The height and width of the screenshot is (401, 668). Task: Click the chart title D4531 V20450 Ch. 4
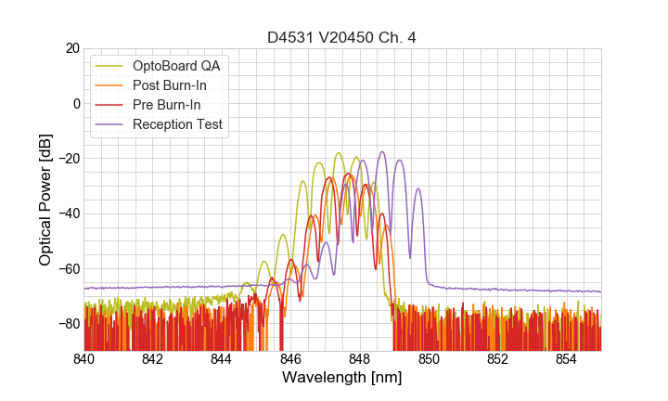(342, 37)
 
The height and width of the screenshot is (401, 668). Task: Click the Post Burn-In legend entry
(169, 85)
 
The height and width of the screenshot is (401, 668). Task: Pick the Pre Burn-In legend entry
(166, 105)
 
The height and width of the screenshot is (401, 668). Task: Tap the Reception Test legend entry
(177, 124)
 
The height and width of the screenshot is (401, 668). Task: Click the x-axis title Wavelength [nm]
(342, 379)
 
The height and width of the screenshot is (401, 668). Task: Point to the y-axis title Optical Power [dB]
(45, 199)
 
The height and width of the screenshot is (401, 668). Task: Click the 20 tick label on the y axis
(71, 48)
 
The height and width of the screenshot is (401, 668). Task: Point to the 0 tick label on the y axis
(75, 103)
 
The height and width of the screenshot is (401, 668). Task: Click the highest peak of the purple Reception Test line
(381, 152)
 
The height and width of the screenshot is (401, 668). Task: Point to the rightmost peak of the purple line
(417, 189)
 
